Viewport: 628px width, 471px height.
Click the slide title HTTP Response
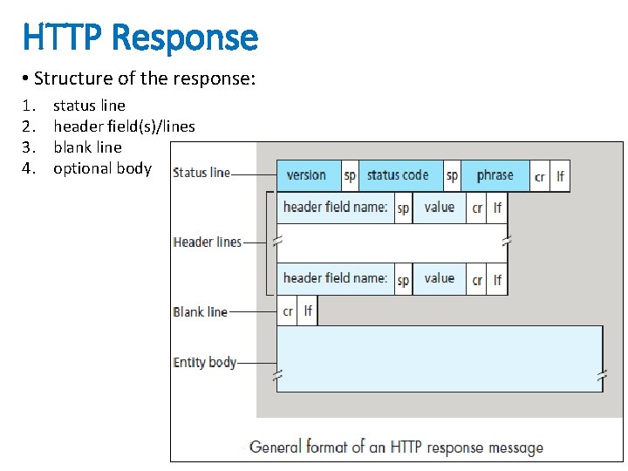[x=140, y=38]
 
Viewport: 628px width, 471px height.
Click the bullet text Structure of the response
[x=145, y=78]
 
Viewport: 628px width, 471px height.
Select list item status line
[x=89, y=106]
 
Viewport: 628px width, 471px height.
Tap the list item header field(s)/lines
[x=124, y=126]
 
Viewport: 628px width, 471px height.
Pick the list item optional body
[x=102, y=168]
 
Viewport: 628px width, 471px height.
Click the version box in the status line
[x=306, y=175]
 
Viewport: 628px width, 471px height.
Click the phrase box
[x=495, y=175]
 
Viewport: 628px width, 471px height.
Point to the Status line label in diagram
[x=201, y=173]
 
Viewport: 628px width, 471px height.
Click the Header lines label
[x=207, y=242]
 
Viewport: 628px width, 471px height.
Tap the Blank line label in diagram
[x=200, y=311]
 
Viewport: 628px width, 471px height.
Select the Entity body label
[x=205, y=362]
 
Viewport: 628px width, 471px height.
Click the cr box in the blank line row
[x=287, y=311]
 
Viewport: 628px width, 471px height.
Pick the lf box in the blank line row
[x=307, y=311]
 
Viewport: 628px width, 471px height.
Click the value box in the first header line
[x=439, y=208]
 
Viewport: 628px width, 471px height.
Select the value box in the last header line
[x=439, y=279]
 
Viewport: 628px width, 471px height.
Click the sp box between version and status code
[x=350, y=175]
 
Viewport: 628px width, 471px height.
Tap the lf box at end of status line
[x=560, y=176]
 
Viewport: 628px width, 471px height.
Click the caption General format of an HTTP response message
[x=396, y=447]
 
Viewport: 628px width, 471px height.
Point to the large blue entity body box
[x=439, y=358]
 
